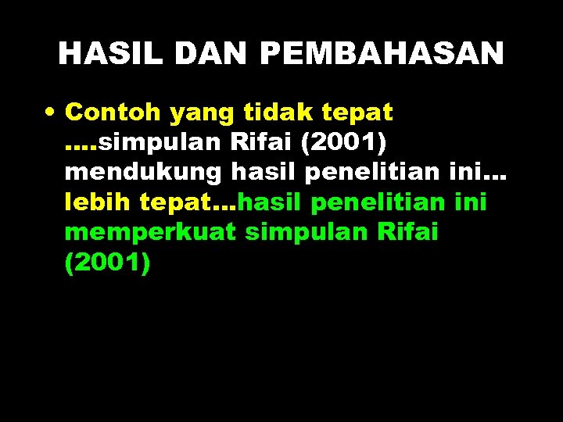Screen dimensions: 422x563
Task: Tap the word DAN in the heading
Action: [210, 53]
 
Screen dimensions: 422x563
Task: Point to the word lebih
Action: [98, 202]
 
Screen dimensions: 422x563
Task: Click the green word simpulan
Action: [300, 233]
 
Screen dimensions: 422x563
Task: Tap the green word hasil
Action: [270, 202]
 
